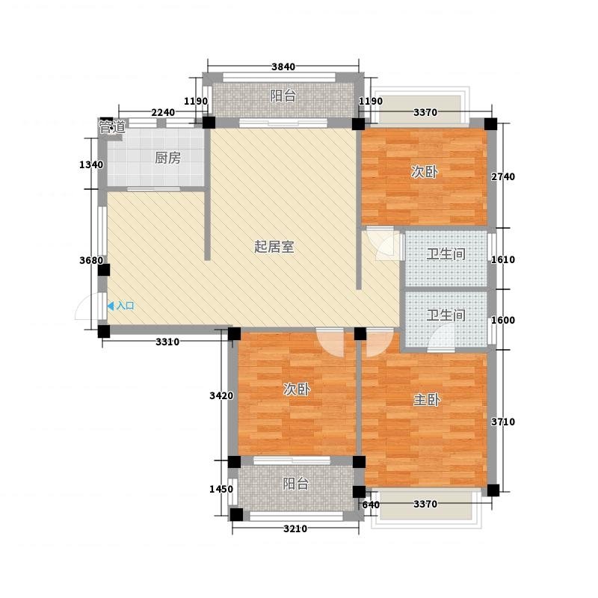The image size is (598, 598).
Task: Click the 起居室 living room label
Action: click(274, 247)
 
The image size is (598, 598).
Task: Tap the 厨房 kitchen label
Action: click(167, 158)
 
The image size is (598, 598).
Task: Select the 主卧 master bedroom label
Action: click(427, 399)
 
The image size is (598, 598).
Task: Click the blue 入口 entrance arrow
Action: click(111, 306)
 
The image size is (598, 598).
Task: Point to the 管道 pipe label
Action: click(111, 126)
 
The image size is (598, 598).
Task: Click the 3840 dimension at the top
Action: click(283, 67)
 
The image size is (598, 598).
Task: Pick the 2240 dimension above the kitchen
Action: click(163, 113)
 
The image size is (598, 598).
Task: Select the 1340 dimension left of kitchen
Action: click(91, 164)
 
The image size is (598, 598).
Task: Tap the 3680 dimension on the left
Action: click(91, 260)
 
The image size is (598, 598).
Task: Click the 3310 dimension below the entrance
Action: click(167, 342)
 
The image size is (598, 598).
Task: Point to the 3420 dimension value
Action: click(221, 395)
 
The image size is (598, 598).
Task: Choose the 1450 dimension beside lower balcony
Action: click(221, 489)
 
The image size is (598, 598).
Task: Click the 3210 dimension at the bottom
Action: click(295, 528)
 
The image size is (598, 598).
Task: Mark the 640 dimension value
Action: click(370, 505)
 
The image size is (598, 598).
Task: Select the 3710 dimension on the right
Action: click(502, 422)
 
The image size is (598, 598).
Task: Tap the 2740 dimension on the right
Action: click(502, 176)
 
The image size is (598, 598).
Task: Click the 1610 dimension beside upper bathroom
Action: click(502, 259)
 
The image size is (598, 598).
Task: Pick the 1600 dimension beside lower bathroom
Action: click(502, 320)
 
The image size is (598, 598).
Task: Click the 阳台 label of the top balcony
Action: click(283, 96)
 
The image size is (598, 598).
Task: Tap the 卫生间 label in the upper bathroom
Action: click(446, 253)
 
